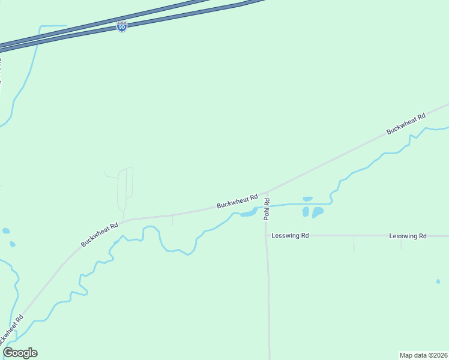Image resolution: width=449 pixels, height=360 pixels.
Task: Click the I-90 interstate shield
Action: [122, 27]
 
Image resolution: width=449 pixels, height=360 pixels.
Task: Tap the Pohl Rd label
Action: [268, 209]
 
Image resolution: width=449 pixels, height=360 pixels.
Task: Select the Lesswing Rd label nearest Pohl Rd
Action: [290, 236]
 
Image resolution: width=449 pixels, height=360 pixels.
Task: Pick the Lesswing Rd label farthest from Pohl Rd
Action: [408, 236]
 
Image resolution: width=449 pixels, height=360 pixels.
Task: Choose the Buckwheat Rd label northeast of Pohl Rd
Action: [406, 122]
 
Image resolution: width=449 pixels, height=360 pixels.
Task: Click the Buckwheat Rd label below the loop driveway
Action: [100, 233]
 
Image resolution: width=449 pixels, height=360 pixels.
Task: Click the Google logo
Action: [20, 353]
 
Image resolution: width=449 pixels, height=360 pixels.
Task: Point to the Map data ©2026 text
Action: [424, 355]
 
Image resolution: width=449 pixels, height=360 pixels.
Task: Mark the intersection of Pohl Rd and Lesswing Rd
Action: [267, 236]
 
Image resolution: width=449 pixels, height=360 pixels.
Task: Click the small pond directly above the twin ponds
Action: [308, 199]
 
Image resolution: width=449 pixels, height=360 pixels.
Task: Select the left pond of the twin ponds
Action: [306, 212]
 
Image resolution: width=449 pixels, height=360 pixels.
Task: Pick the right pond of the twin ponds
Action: [317, 212]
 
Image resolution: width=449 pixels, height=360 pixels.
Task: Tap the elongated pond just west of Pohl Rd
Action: [249, 213]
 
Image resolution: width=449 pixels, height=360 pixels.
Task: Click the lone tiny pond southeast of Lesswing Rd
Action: [438, 281]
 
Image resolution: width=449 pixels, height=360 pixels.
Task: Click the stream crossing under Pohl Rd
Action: [267, 206]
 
